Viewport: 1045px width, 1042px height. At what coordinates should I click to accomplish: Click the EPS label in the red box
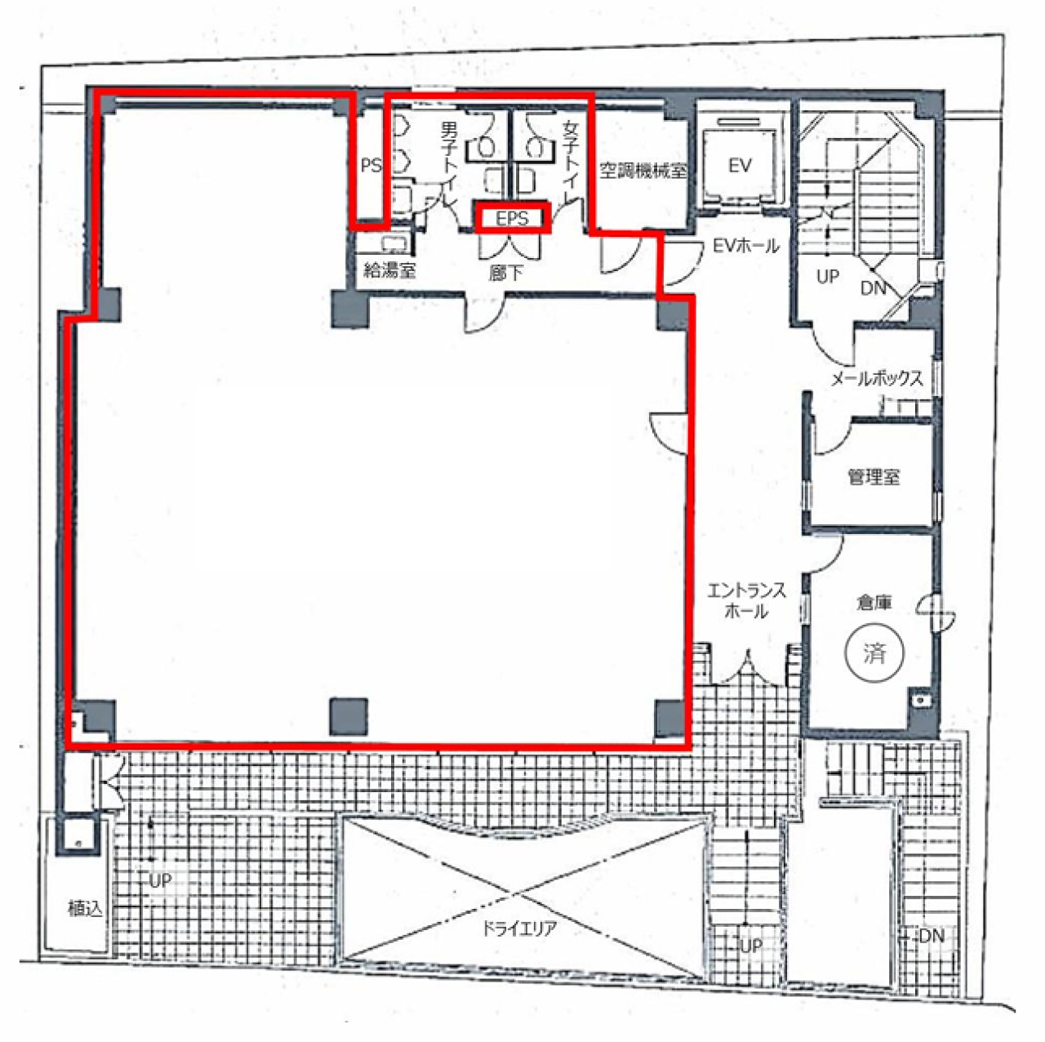click(x=512, y=218)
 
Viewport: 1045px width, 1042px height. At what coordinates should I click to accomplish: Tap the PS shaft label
click(x=371, y=165)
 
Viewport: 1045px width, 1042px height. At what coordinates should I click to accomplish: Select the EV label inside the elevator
click(x=740, y=165)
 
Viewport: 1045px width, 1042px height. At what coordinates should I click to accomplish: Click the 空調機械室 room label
click(x=643, y=171)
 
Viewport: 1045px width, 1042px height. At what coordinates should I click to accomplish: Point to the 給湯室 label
click(x=389, y=269)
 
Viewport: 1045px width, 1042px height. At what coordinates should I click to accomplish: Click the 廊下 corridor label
click(x=505, y=273)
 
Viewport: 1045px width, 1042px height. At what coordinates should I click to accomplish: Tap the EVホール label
click(x=745, y=247)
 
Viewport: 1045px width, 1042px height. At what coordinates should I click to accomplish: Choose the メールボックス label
click(x=877, y=378)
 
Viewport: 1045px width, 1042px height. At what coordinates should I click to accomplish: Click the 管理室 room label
click(x=873, y=477)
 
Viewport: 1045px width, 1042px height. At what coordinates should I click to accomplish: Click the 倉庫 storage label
click(x=874, y=603)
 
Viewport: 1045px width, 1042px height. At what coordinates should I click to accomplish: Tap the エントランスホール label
click(x=746, y=600)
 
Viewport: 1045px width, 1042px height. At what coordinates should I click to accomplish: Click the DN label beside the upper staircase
click(x=873, y=288)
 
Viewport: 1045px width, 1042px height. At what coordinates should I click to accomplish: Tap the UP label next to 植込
click(x=160, y=881)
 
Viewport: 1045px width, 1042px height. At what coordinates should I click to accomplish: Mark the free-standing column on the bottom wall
click(x=349, y=716)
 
